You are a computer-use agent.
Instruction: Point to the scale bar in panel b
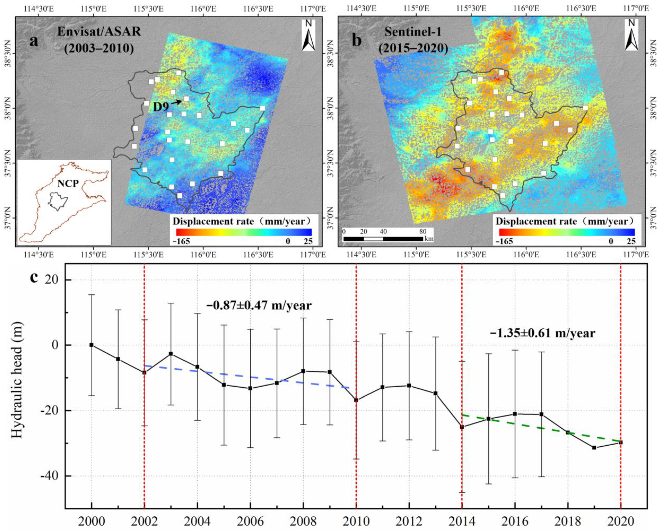click(x=383, y=238)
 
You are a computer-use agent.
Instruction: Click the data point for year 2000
click(x=91, y=345)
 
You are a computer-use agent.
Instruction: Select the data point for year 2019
click(x=594, y=456)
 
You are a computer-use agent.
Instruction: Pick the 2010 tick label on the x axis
click(x=356, y=520)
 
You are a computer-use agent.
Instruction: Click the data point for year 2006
click(x=250, y=388)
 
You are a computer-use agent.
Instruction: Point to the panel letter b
click(x=357, y=41)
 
